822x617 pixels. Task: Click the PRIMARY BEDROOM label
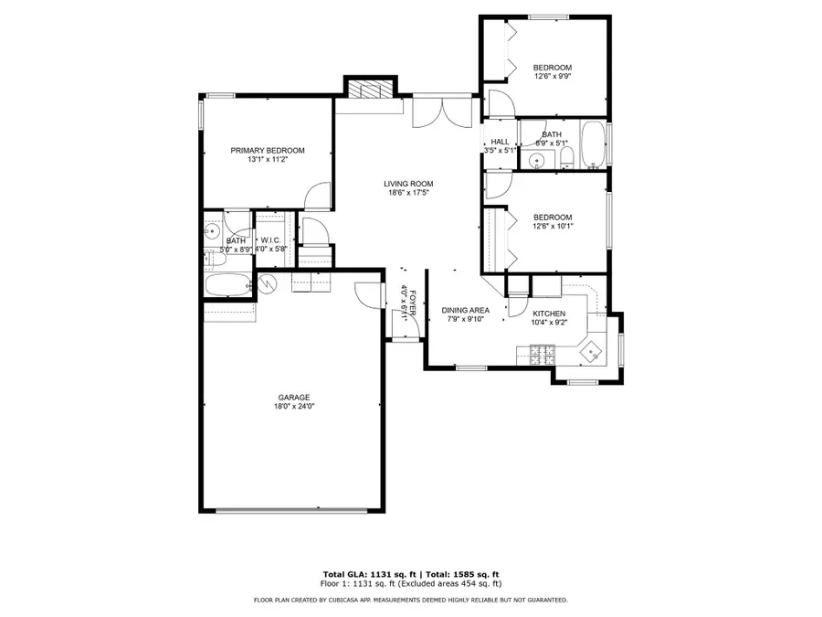click(267, 151)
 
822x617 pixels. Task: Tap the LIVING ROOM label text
click(407, 184)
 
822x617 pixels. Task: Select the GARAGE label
click(295, 397)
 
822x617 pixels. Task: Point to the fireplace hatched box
click(371, 89)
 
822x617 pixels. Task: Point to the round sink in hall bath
click(535, 160)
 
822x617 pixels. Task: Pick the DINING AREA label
click(465, 311)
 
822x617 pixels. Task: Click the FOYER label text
click(413, 303)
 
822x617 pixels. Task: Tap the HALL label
click(500, 142)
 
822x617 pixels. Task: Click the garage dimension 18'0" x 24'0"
click(295, 407)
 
